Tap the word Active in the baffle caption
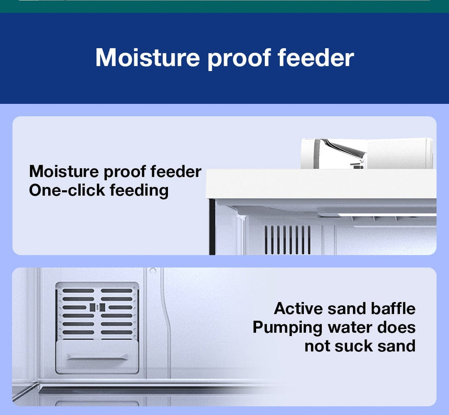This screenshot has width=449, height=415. pyautogui.click(x=298, y=309)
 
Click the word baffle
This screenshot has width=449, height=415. pyautogui.click(x=393, y=309)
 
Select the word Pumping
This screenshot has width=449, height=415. pyautogui.click(x=288, y=328)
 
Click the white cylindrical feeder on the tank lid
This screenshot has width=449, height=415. pyautogui.click(x=367, y=154)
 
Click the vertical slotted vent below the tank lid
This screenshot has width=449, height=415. pyautogui.click(x=288, y=240)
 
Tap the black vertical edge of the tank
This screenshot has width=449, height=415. pyautogui.click(x=212, y=227)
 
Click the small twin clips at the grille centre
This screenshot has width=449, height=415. pyautogui.click(x=97, y=307)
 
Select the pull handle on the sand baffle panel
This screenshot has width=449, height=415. pyautogui.click(x=97, y=357)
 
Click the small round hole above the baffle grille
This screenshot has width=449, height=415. pyautogui.click(x=153, y=271)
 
